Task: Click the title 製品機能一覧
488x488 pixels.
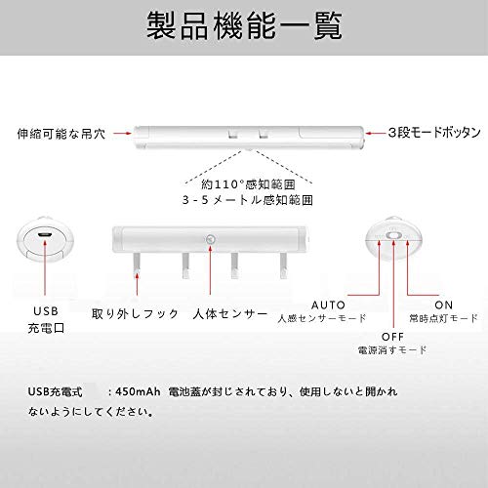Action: coord(244,25)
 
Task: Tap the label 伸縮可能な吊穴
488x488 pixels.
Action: coord(61,134)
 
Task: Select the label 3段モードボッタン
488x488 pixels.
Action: coord(434,133)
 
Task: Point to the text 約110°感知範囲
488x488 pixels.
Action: coord(248,184)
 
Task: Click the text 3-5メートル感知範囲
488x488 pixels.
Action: coord(248,200)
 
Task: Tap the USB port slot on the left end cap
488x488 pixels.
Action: coord(45,235)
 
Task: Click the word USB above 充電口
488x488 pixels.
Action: coord(46,311)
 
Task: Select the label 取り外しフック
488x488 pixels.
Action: coord(135,313)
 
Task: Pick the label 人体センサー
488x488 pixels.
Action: coord(229,313)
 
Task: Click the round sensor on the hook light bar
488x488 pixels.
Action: coord(211,239)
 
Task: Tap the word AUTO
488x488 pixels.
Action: coord(328,305)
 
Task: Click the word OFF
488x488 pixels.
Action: coord(392,337)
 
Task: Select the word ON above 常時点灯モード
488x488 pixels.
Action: coord(444,305)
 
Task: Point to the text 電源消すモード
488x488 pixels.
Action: coord(392,350)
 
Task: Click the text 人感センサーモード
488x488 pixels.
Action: coord(322,318)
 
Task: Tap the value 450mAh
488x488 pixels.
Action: coord(138,391)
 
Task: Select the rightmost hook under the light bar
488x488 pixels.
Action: coord(283,265)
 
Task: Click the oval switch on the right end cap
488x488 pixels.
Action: coord(393,235)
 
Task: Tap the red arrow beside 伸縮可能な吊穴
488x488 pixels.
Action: coord(122,133)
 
